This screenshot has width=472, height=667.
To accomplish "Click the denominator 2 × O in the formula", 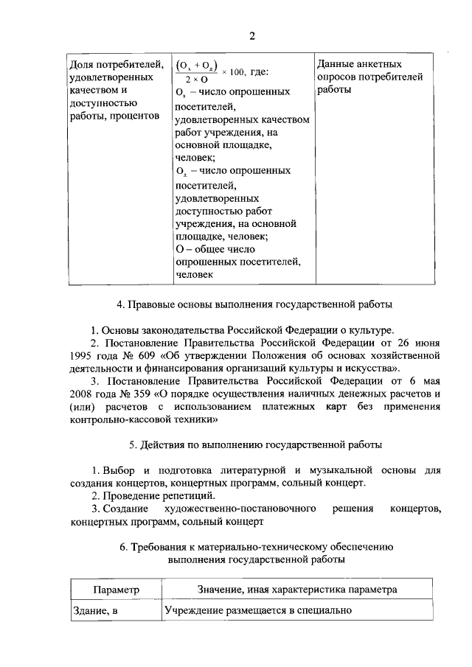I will click(196, 79).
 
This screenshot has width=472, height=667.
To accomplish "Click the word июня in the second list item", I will click(425, 343).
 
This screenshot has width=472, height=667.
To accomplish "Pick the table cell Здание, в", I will click(95, 611).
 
